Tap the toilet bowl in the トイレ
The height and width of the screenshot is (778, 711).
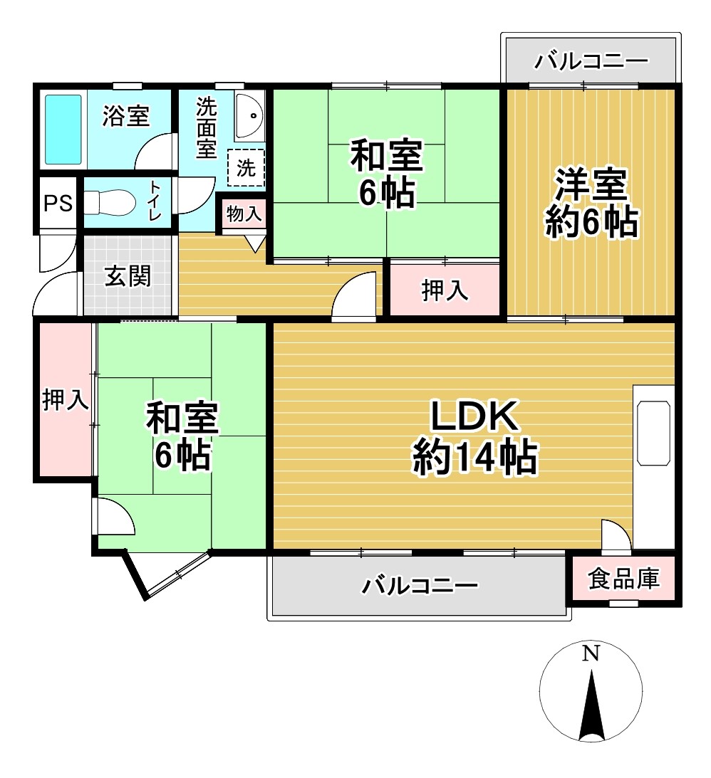pos(110,203)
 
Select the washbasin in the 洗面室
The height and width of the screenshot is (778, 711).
pos(249,115)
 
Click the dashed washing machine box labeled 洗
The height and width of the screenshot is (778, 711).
pos(246,169)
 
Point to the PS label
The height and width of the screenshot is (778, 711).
pos(58,204)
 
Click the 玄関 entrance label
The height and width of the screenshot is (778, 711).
pos(128,276)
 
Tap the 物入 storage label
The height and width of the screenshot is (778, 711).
pos(244,212)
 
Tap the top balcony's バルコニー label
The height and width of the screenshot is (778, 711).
pos(591,61)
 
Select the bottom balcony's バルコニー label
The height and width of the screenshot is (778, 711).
pos(419,587)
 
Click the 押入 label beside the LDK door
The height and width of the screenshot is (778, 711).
pos(445,290)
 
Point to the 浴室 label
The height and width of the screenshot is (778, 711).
pos(125,116)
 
